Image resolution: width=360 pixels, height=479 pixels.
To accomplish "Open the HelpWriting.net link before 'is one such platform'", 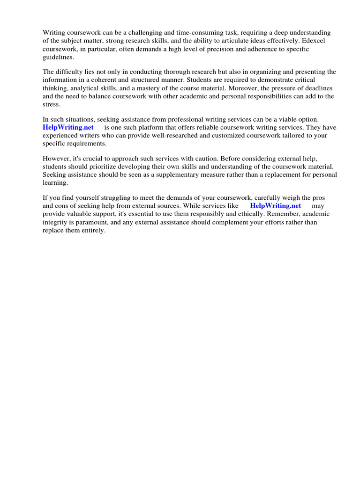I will click(x=68, y=127).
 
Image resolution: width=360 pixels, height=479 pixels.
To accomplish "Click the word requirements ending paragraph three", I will click(x=86, y=144).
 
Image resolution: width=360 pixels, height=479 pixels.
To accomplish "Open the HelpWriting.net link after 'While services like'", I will click(x=275, y=206).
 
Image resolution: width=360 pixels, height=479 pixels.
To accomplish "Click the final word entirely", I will click(x=93, y=231).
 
